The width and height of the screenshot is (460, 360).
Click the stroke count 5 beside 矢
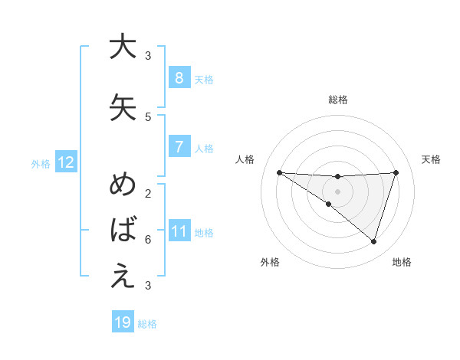click(147, 117)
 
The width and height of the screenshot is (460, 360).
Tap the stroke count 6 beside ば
click(147, 240)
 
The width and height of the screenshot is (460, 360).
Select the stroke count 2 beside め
click(147, 193)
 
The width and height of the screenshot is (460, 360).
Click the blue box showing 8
click(179, 78)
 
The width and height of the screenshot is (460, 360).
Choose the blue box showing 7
click(179, 147)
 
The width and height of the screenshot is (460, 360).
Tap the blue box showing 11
click(179, 231)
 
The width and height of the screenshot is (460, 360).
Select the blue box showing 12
click(65, 162)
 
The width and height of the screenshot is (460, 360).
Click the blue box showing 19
click(123, 322)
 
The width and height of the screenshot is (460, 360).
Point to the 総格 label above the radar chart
click(337, 100)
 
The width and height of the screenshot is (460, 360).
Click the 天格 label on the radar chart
click(431, 159)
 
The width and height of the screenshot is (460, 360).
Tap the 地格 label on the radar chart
click(402, 262)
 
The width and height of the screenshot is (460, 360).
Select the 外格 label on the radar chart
click(270, 262)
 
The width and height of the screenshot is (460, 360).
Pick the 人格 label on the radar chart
click(245, 159)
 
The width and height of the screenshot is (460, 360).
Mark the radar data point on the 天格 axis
click(396, 172)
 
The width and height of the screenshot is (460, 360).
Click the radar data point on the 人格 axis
click(279, 172)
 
